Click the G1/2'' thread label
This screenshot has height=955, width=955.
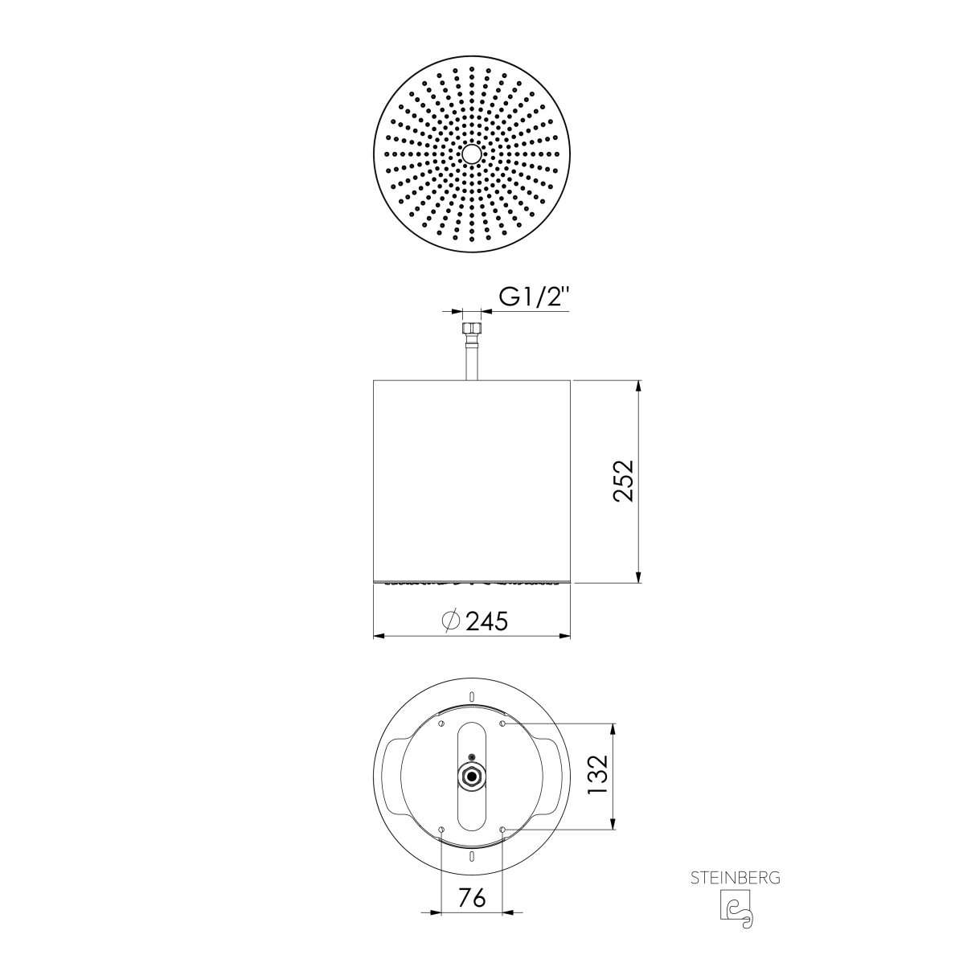click(534, 297)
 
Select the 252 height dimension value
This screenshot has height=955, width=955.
click(623, 481)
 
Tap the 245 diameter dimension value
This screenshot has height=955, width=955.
click(486, 621)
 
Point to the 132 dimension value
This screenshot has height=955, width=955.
click(599, 775)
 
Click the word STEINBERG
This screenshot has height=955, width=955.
click(735, 878)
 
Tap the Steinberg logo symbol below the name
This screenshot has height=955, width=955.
click(737, 910)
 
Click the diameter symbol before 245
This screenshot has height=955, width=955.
click(451, 621)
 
